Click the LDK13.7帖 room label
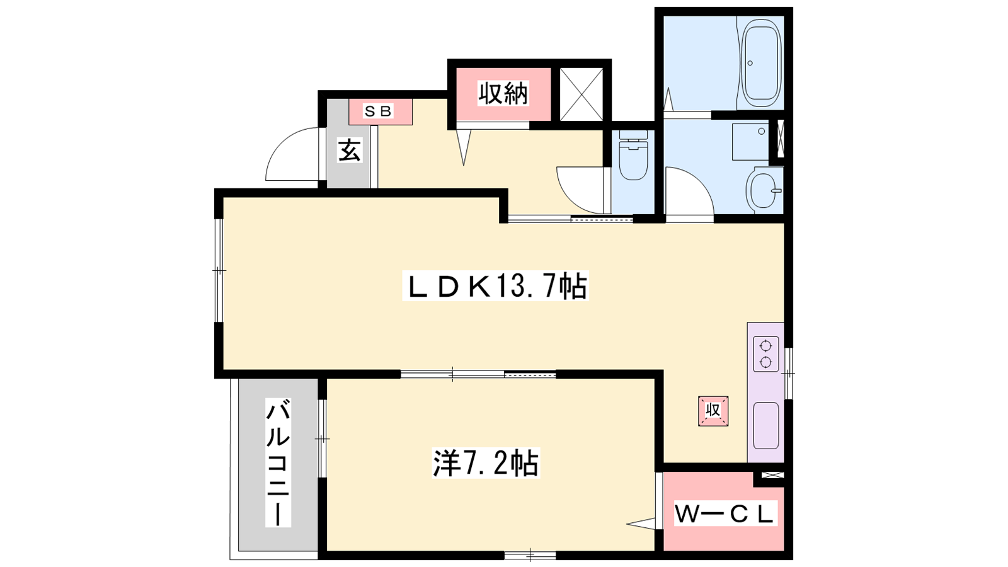point(495,286)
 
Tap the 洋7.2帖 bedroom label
point(486,462)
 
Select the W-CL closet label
point(724,514)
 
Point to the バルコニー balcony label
point(278,462)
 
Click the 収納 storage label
point(503,94)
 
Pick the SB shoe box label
point(378,111)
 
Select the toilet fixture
point(633,155)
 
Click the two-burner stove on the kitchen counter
point(766,353)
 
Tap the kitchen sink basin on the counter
point(766,426)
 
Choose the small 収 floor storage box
point(713,411)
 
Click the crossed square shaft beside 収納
point(581,94)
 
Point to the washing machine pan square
point(750,142)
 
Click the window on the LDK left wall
point(219,270)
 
